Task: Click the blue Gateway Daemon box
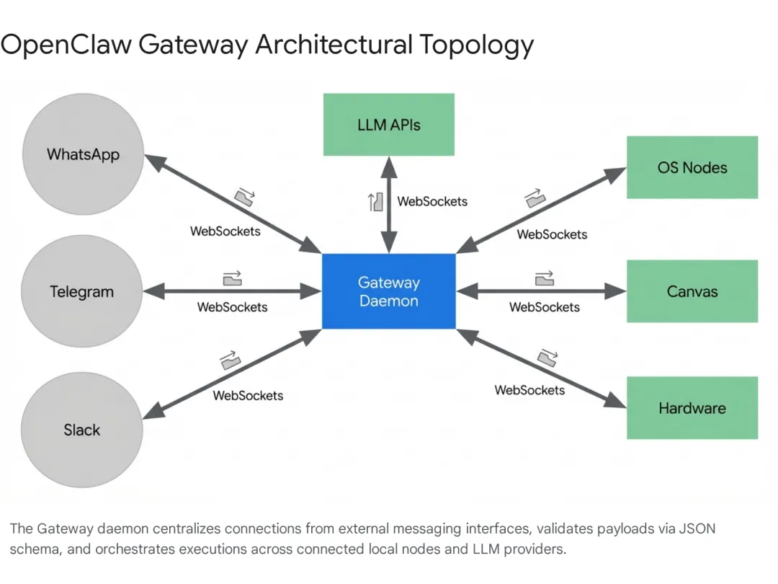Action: coord(388,291)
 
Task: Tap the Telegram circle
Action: coord(82,292)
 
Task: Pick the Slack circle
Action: coord(82,430)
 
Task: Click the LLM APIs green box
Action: coord(388,125)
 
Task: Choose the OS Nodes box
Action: coord(692,167)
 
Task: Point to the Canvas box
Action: coord(692,291)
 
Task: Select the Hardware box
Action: coord(692,408)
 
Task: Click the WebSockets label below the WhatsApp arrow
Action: coord(225,231)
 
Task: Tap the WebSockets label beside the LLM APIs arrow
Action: coord(432,201)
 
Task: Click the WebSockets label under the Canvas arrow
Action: coord(545,307)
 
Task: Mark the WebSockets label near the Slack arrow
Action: coord(248,395)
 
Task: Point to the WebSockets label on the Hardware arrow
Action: coord(529,390)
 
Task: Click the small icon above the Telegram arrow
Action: coord(232,278)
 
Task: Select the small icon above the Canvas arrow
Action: coord(545,278)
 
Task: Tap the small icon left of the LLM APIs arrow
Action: coord(375,202)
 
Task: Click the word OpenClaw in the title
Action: coord(66,45)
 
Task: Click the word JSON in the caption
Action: coord(698,528)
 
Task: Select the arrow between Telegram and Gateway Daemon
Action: coord(232,291)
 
